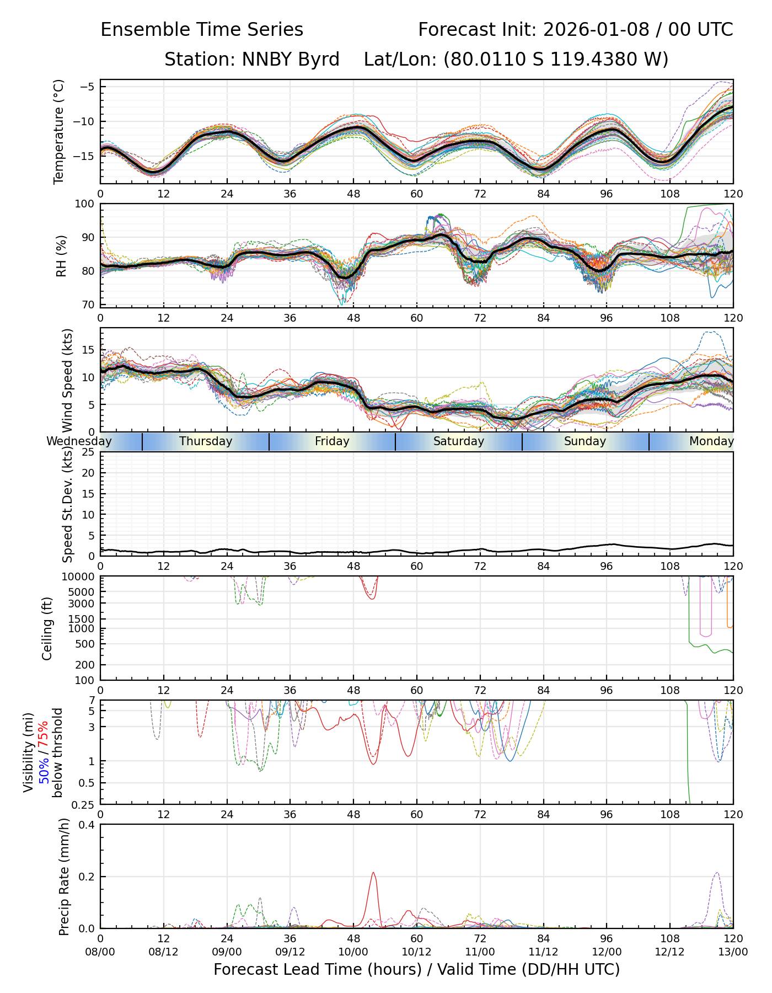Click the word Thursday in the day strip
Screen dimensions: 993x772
[206, 441]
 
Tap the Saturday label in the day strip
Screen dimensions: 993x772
[459, 441]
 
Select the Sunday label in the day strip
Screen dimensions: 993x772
[585, 441]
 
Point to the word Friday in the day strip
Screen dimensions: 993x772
[332, 441]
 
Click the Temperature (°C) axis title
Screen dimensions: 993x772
[59, 131]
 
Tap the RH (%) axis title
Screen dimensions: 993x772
[61, 255]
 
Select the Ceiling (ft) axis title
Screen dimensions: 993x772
[47, 628]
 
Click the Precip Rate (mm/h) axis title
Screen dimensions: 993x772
[64, 877]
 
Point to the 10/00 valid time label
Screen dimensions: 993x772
[353, 952]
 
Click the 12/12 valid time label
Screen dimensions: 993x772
[670, 952]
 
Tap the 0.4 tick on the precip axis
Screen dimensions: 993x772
[87, 825]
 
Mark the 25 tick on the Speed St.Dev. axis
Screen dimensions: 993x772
[88, 452]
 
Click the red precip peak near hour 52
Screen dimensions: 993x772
[373, 873]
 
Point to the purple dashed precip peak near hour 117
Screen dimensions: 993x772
[717, 873]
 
